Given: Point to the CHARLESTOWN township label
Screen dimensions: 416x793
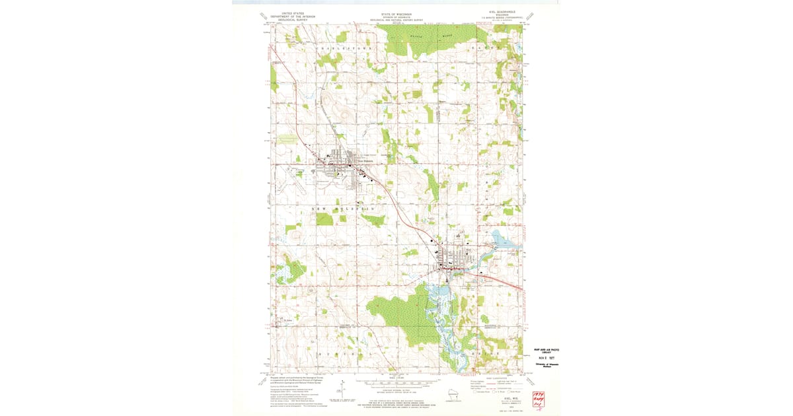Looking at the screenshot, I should [345, 49].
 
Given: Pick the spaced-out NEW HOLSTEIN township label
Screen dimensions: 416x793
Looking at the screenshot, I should [347, 208].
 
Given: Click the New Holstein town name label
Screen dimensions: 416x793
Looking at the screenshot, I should [365, 159].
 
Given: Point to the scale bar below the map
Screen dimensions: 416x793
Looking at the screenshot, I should [397, 382].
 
